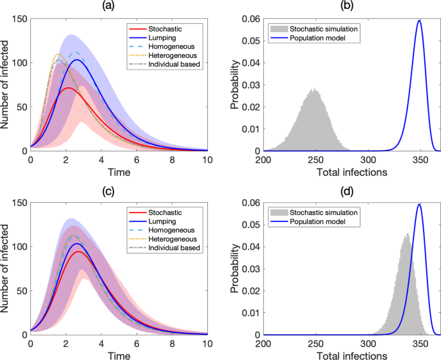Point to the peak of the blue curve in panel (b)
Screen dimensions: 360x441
[419, 21]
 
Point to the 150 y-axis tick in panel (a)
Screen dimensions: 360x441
[18, 19]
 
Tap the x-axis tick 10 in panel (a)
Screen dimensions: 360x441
[207, 158]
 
